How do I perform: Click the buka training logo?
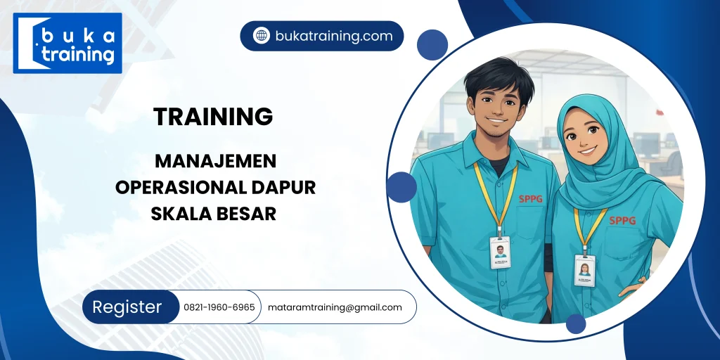67,43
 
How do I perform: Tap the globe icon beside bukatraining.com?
262,36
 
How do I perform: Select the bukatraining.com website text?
333,36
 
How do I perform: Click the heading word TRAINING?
213,117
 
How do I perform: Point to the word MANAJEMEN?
215,161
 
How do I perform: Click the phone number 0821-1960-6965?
219,307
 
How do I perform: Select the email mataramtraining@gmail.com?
335,307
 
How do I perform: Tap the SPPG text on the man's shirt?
532,199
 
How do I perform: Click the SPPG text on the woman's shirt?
622,220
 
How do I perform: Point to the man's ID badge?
500,252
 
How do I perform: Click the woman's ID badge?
584,269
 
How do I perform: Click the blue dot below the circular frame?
576,323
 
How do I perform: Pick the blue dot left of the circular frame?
401,187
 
